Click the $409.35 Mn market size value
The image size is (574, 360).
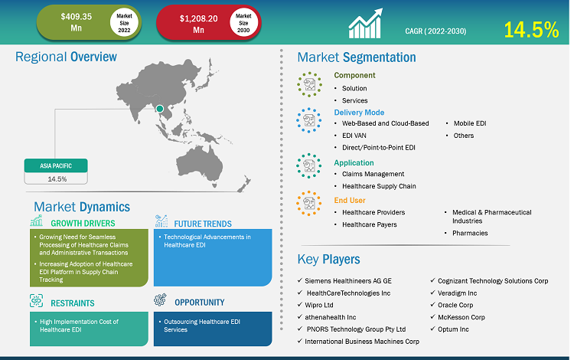tap(76, 22)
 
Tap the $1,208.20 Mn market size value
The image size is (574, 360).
tap(198, 24)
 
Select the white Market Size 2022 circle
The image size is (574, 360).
tap(124, 23)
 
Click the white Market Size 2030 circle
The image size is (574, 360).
tap(243, 23)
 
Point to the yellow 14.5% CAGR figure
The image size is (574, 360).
tap(531, 30)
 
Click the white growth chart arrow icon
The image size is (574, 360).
tap(365, 24)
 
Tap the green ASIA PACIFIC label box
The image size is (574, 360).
tap(56, 165)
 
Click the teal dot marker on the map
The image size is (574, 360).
tap(160, 109)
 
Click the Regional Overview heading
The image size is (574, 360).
tap(66, 57)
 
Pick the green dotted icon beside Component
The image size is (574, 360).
tap(310, 84)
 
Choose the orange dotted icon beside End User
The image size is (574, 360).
tap(309, 203)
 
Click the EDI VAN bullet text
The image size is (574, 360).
tap(354, 136)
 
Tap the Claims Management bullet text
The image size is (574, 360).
tap(373, 174)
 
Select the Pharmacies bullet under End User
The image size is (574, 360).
tap(470, 233)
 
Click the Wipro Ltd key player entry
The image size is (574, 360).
tap(319, 305)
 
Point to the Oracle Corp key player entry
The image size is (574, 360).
tap(455, 305)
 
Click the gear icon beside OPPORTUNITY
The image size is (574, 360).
tap(160, 299)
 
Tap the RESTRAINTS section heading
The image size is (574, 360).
tap(73, 303)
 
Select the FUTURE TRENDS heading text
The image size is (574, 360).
tap(203, 224)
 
